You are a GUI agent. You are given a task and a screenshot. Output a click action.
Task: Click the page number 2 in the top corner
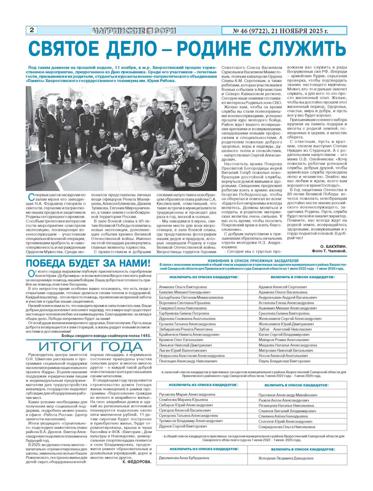[32, 30]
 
